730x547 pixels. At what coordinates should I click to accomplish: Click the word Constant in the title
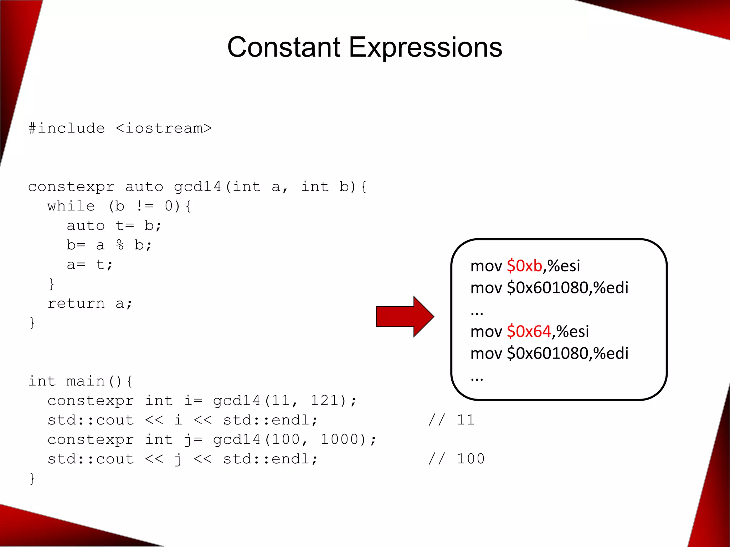tap(284, 47)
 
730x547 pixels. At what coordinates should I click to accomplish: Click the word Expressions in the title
tap(425, 48)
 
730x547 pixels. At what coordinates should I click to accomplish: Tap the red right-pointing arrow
tap(405, 316)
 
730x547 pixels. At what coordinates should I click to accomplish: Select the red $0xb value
tap(524, 266)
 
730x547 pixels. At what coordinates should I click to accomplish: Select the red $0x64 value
tap(529, 332)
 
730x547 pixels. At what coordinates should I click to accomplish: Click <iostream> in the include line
tap(164, 128)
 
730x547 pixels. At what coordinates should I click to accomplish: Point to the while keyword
tap(71, 206)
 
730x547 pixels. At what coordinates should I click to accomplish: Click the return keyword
tap(76, 303)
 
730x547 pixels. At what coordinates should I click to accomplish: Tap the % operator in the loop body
tap(120, 245)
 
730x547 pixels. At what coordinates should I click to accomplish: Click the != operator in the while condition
tap(145, 206)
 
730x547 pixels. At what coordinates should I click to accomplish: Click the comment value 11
tap(466, 420)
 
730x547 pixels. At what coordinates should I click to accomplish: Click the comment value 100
tap(471, 459)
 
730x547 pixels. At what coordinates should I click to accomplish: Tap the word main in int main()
tap(86, 381)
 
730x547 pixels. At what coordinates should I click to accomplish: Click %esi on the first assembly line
tap(564, 266)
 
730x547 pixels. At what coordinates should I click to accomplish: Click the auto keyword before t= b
tap(86, 226)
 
